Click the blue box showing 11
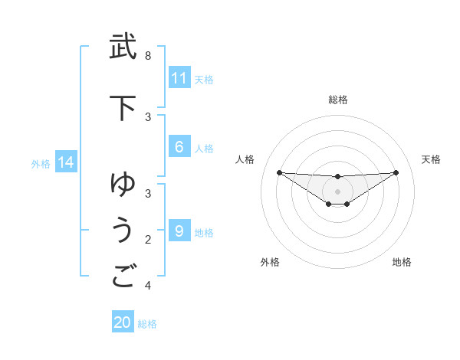(179, 78)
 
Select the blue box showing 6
(179, 148)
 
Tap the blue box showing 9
(179, 231)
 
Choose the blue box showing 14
(65, 162)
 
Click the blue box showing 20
(123, 322)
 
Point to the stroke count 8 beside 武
(148, 56)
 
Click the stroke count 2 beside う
(148, 240)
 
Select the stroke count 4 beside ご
(148, 286)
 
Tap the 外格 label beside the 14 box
(41, 163)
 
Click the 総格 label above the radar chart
(337, 100)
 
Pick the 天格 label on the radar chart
(431, 159)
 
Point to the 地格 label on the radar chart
(402, 262)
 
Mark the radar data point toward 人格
(279, 172)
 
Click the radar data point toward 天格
(396, 172)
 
